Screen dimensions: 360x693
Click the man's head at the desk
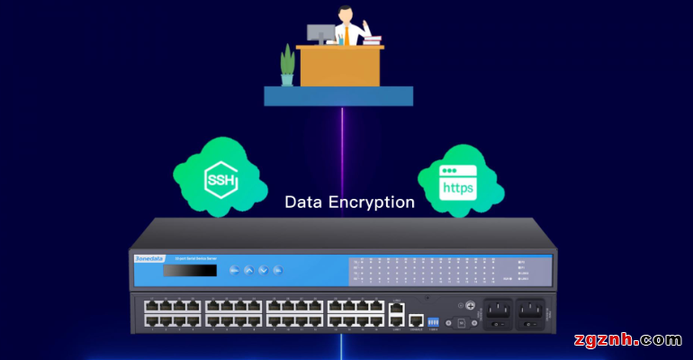pyautogui.click(x=346, y=13)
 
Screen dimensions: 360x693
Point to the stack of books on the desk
pyautogui.click(x=373, y=40)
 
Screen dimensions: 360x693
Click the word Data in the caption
pyautogui.click(x=304, y=202)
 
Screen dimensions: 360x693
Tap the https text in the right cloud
pyautogui.click(x=457, y=189)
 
